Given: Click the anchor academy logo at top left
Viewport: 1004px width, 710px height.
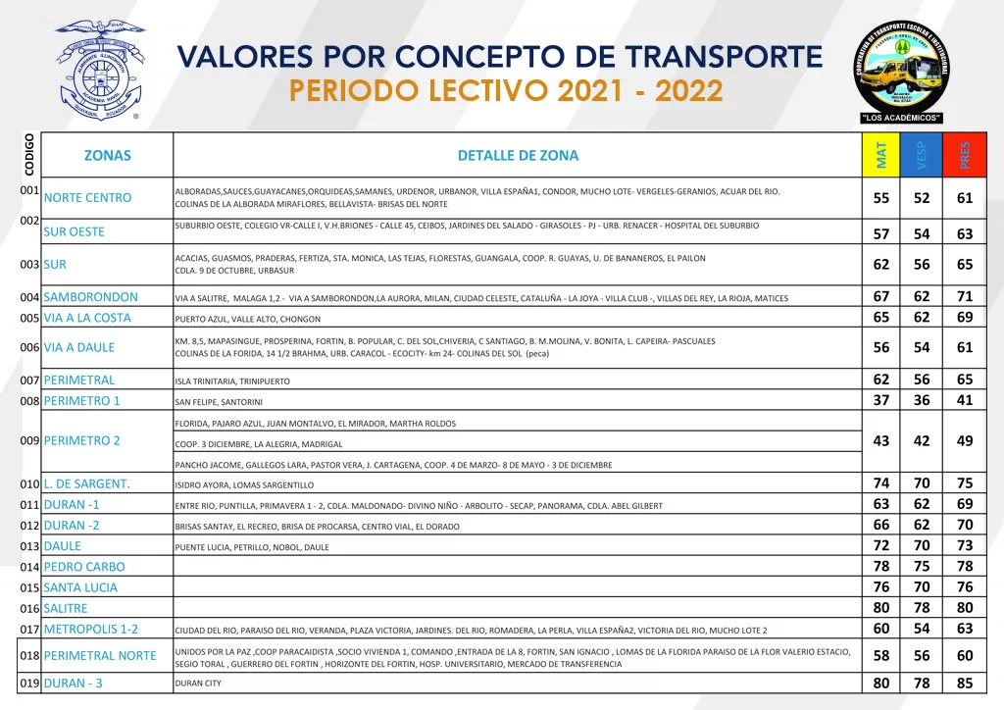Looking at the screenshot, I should (99, 71).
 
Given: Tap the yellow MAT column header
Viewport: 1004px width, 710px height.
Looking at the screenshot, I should (881, 155).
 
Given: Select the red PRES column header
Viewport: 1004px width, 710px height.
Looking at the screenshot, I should (965, 155).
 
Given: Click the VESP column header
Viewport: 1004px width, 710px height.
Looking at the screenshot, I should (922, 155).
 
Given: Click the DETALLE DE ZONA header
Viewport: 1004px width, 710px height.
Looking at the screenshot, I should (518, 155).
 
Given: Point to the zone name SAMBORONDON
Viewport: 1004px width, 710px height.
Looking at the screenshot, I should (91, 297).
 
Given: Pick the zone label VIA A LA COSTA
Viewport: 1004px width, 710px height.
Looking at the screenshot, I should (87, 318).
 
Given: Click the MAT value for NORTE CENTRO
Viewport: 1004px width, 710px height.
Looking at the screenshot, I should (881, 198).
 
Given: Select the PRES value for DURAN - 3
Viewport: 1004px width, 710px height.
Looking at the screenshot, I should (965, 683).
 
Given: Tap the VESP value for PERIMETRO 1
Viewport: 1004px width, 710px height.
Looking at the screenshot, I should (922, 400).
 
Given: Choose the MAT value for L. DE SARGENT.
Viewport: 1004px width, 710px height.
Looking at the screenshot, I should (881, 482).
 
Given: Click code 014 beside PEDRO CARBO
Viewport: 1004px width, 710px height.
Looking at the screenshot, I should (29, 567).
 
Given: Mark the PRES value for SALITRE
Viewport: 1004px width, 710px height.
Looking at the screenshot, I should (965, 607).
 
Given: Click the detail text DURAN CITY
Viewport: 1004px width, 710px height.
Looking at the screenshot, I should (198, 684).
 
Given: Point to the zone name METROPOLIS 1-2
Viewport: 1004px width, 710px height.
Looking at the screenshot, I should (91, 629).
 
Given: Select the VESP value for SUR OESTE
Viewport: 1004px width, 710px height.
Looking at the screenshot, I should (922, 233).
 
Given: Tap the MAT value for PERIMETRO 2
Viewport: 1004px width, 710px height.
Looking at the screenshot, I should (881, 441).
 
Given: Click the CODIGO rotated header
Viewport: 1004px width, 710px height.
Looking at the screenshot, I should (29, 155).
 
